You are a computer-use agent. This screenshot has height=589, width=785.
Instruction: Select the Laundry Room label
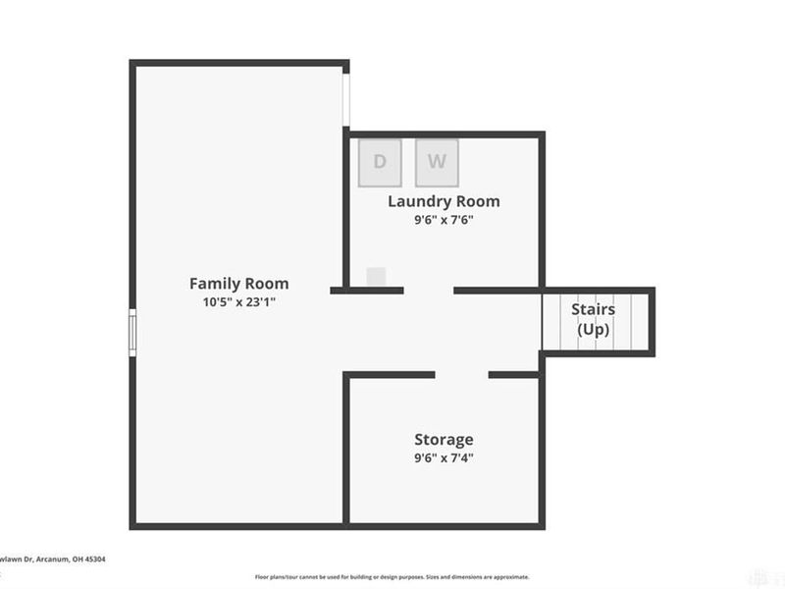point(444,201)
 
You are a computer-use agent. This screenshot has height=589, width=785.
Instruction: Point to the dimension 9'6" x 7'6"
point(444,220)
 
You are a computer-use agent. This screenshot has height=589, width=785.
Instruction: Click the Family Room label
point(239,284)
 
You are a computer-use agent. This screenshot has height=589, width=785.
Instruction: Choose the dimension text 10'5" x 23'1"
point(239,302)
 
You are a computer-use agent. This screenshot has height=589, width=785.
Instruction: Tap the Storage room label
point(444,439)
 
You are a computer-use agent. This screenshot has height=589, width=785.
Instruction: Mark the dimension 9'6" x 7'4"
point(444,457)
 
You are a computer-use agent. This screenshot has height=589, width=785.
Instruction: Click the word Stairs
point(593,309)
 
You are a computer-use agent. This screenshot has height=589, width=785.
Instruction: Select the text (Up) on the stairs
point(593,329)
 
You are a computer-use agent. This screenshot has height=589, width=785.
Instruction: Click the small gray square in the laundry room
point(376,277)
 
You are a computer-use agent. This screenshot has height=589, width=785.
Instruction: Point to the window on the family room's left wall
point(131,330)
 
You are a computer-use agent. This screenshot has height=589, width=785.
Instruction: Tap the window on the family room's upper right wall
point(345,98)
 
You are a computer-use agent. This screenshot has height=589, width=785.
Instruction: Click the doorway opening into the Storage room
point(462,374)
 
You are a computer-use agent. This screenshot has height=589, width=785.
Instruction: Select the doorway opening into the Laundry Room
point(429,290)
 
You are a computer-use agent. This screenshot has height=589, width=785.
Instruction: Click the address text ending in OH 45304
point(53,559)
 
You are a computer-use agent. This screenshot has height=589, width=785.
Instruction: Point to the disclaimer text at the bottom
point(392,577)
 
